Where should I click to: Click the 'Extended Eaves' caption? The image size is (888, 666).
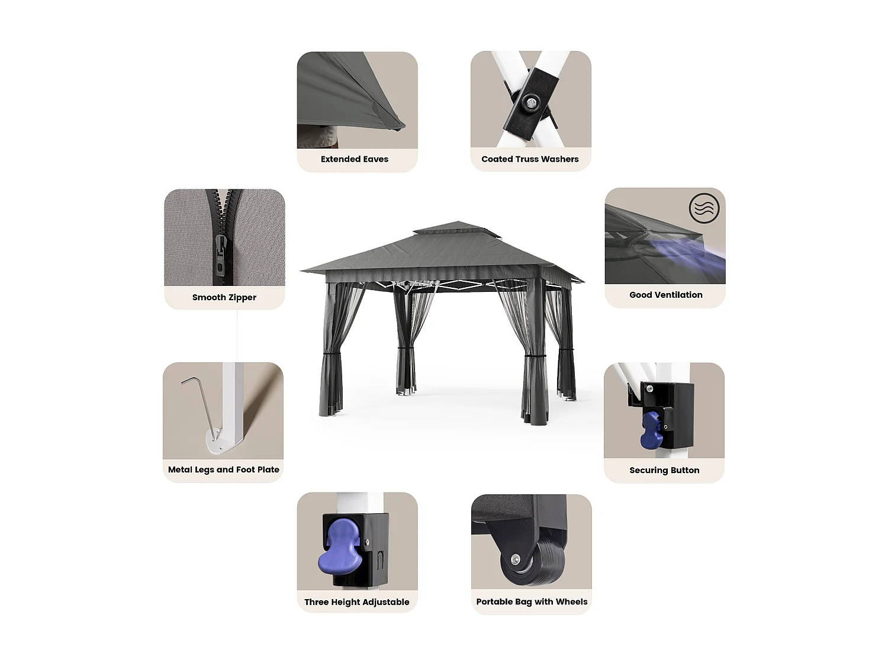355,159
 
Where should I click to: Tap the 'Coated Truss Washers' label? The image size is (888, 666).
530,159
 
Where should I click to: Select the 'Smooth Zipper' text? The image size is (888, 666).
224,297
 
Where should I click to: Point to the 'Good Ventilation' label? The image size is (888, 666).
665,295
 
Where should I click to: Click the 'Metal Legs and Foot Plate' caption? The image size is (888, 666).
223,469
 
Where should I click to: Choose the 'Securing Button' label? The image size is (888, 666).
664,470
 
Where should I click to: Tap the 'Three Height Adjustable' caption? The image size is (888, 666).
356,602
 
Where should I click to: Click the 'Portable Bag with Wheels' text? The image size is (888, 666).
532,601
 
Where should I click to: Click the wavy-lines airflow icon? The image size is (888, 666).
704,208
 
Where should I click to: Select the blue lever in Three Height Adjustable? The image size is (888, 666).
340,548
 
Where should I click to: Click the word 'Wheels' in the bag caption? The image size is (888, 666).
571,601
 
